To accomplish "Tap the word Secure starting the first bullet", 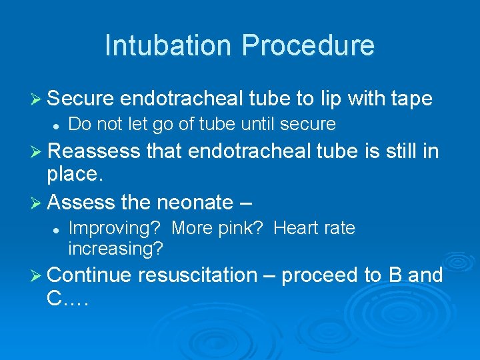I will click(x=83, y=99).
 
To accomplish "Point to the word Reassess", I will click(x=95, y=151).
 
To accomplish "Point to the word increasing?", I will click(x=116, y=249).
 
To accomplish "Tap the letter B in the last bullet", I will click(x=394, y=275).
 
